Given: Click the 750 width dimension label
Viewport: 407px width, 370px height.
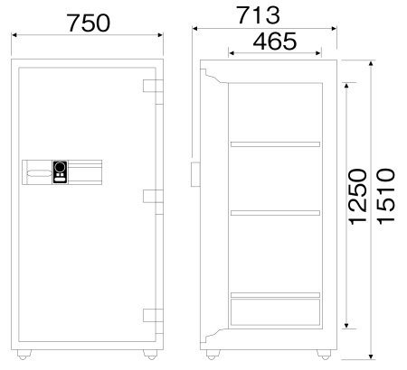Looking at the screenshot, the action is click(x=89, y=23).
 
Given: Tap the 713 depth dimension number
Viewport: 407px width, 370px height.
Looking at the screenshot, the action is click(x=258, y=15).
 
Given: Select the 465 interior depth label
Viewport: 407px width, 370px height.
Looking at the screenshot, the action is click(x=275, y=42).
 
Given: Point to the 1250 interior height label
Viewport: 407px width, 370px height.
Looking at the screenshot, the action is click(x=357, y=197).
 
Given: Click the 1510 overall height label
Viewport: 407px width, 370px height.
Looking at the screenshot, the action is click(x=386, y=197).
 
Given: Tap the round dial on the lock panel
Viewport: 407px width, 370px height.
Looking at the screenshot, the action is click(x=61, y=167).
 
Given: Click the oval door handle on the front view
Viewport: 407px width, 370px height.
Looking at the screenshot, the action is click(x=40, y=174).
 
